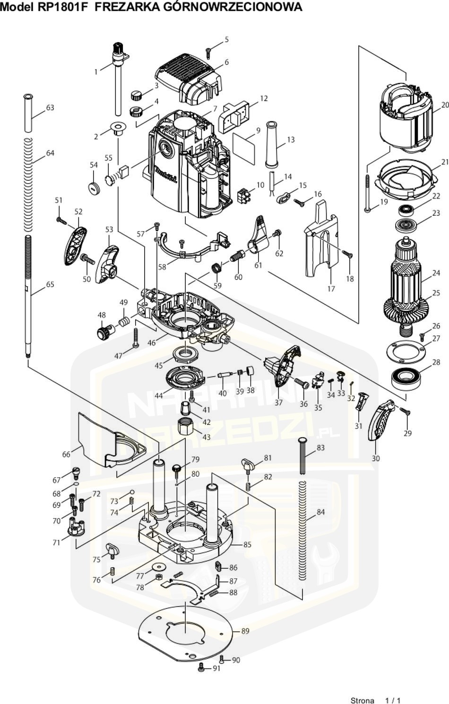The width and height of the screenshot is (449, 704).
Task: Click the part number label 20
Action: click(x=444, y=105)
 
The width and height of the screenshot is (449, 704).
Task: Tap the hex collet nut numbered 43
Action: click(x=187, y=428)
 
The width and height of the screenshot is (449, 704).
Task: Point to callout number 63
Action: click(x=50, y=107)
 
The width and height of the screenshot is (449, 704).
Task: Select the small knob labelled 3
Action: click(x=137, y=94)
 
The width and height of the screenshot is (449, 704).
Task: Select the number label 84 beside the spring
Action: click(x=320, y=512)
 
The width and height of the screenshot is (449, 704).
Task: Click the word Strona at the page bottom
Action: click(x=362, y=700)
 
